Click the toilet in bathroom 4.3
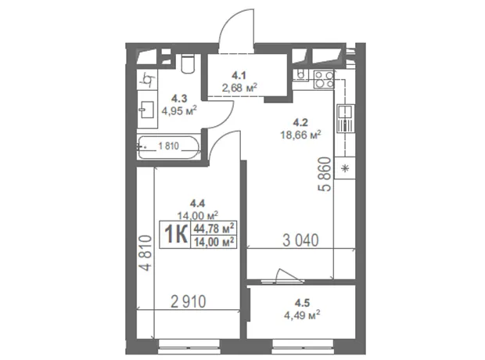pos(188,63)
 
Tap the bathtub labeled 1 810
pos(168,147)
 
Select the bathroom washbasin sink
pos(148,110)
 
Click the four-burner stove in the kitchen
pos(324,79)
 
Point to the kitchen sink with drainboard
pos(346,118)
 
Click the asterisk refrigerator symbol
pos(345,168)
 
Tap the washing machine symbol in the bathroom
pos(147,80)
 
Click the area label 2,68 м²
pos(239,88)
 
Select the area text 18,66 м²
pos(300,135)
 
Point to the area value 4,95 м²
pos(179,110)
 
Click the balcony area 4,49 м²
pos(302,315)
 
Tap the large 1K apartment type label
pos(176,234)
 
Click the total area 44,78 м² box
pos(214,229)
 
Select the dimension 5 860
pos(325,175)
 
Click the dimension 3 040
pos(300,240)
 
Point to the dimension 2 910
pos(189,301)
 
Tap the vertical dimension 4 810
pos(145,254)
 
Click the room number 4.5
pos(302,302)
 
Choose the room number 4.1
pos(239,75)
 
